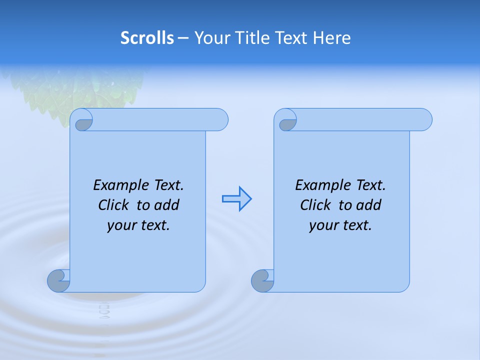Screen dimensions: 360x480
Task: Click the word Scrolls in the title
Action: pos(147,38)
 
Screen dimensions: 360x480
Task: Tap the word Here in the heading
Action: pos(331,38)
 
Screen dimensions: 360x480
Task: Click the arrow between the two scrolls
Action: pos(236,198)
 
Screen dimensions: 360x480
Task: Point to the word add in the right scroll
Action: pos(369,205)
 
